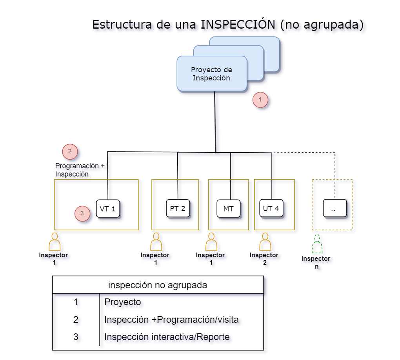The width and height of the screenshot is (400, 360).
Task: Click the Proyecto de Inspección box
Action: pyautogui.click(x=212, y=74)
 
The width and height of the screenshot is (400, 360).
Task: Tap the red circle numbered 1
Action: pyautogui.click(x=260, y=100)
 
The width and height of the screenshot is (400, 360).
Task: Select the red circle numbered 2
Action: pyautogui.click(x=70, y=151)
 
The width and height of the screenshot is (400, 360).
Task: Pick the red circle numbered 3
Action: pyautogui.click(x=82, y=213)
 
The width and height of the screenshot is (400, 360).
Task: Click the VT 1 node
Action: pyautogui.click(x=108, y=209)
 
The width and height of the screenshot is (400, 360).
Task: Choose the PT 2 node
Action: pyautogui.click(x=178, y=208)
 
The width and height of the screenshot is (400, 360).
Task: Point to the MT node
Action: pyautogui.click(x=229, y=209)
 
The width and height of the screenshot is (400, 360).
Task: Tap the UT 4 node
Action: pyautogui.click(x=271, y=208)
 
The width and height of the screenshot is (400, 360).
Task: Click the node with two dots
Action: pyautogui.click(x=335, y=208)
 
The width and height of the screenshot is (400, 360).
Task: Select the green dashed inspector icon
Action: pyautogui.click(x=317, y=245)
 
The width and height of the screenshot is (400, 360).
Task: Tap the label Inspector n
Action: pyautogui.click(x=316, y=262)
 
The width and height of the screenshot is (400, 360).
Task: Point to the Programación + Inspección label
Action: pyautogui.click(x=80, y=170)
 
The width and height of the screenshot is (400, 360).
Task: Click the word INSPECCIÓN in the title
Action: pyautogui.click(x=238, y=24)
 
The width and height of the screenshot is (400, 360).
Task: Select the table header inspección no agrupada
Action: pyautogui.click(x=158, y=285)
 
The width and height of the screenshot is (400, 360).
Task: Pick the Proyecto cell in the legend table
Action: pyautogui.click(x=122, y=302)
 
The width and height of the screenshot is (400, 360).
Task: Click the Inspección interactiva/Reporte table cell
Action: pyautogui.click(x=167, y=337)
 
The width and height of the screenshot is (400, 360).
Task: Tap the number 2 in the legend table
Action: pyautogui.click(x=76, y=320)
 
